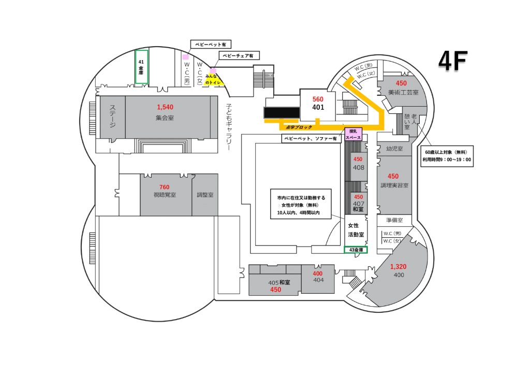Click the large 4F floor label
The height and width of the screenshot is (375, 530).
coord(453,62)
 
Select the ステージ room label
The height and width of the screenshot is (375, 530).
coord(112,117)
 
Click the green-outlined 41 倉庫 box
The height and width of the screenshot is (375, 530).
coord(141,66)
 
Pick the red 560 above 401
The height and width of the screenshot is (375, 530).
coord(318,98)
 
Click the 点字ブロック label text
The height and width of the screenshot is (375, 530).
coord(296,127)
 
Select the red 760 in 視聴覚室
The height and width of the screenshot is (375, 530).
coord(165,187)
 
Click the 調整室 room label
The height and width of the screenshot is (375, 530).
coord(205,195)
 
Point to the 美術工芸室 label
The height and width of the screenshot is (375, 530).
coord(401,92)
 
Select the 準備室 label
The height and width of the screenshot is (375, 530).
coord(394,220)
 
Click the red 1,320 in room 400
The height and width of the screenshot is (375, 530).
coord(399,266)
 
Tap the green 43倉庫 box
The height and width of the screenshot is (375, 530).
coord(356,250)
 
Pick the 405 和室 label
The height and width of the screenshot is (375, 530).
coord(279,283)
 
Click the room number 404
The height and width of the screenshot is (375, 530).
coord(318,280)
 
